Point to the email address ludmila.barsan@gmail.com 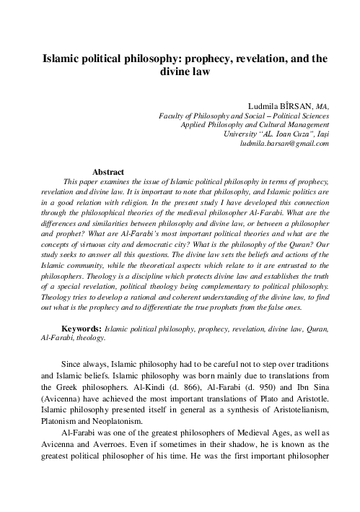[284, 143]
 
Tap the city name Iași [320, 134]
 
